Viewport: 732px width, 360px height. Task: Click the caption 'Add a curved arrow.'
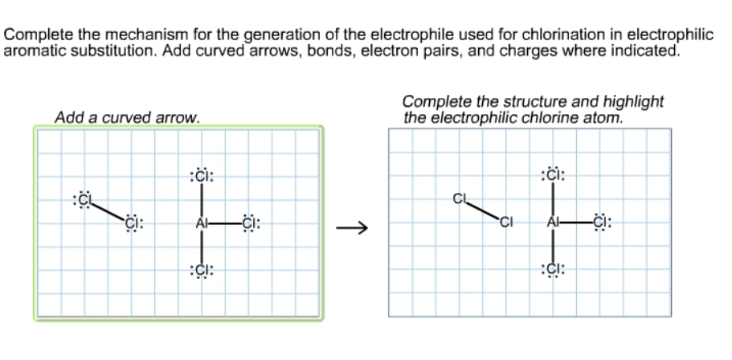[x=127, y=118]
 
